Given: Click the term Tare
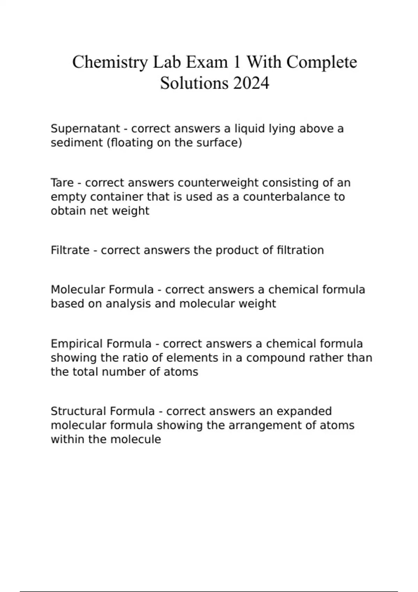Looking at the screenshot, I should [62, 183].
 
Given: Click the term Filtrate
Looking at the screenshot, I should [70, 250].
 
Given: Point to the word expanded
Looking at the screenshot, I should [304, 411].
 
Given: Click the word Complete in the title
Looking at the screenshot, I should [322, 63].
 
